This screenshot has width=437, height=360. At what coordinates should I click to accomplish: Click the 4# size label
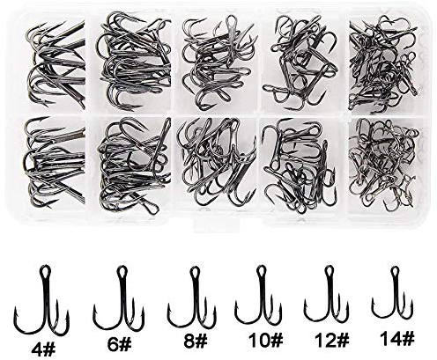pyautogui.click(x=43, y=349)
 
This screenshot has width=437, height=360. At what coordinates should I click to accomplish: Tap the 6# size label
pyautogui.click(x=119, y=344)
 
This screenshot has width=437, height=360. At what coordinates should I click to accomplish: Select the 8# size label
pyautogui.click(x=196, y=342)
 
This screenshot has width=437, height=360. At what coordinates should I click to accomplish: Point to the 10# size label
pyautogui.click(x=266, y=340)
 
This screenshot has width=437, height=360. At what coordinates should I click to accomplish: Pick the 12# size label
pyautogui.click(x=332, y=340)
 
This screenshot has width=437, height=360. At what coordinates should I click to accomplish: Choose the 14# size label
pyautogui.click(x=397, y=338)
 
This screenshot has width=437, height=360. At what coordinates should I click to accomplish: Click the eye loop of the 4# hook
pyautogui.click(x=45, y=270)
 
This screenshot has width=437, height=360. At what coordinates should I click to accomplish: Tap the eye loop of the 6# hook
pyautogui.click(x=121, y=272)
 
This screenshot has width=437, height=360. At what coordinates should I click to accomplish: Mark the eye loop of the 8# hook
pyautogui.click(x=194, y=272)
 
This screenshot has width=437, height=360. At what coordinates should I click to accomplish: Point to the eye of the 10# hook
pyautogui.click(x=261, y=270)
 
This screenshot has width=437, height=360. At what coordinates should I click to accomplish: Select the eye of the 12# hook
pyautogui.click(x=330, y=271)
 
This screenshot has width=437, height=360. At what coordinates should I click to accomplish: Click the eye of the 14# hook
pyautogui.click(x=396, y=271)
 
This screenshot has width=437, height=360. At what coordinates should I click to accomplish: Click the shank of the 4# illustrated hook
pyautogui.click(x=46, y=297)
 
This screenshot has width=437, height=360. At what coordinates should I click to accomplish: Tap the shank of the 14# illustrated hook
pyautogui.click(x=395, y=290)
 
